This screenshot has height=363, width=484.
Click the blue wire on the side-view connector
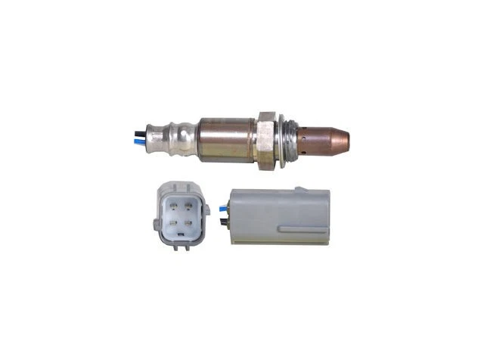[x=222, y=206]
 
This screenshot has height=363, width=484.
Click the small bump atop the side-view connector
[x=299, y=188]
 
